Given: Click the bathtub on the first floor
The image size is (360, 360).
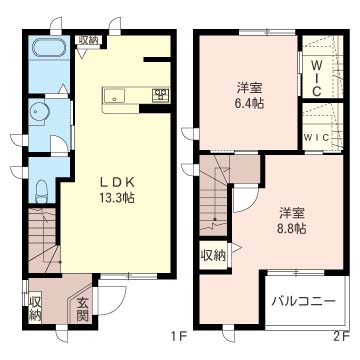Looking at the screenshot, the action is (50, 49).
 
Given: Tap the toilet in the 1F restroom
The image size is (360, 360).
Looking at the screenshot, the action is (42, 191).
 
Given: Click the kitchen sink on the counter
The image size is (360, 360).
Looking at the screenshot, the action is (114, 96).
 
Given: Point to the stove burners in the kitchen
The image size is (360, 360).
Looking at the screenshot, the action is (161, 95).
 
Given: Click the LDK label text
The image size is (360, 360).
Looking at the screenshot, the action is (117, 183).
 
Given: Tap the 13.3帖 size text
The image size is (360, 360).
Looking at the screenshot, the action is (116, 198).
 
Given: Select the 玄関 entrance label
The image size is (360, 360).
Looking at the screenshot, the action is (82, 309).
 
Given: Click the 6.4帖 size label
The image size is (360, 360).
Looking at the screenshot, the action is (249, 103).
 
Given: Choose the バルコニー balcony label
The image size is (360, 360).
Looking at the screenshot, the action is (303, 302).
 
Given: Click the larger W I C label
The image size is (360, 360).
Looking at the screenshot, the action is (317, 78).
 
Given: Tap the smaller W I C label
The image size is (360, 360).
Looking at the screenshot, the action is (317, 137).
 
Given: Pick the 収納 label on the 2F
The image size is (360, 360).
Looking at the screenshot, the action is (213, 256).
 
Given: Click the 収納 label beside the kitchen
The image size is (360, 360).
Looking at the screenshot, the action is (89, 40).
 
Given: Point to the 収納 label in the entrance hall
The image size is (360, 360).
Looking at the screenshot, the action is (35, 309).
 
